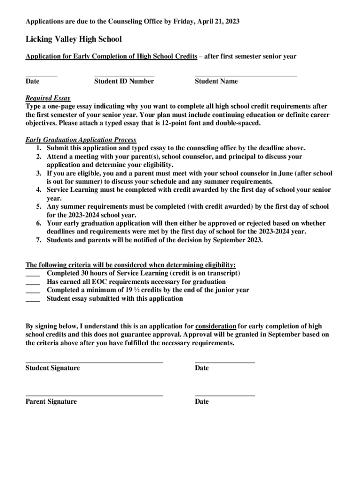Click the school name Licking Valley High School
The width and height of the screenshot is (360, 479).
pos(73,39)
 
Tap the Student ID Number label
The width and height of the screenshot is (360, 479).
pos(124,81)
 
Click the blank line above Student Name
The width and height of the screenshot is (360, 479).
pos(245,75)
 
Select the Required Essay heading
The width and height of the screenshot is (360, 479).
pos(48,98)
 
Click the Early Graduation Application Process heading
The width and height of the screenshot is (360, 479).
pos(81,140)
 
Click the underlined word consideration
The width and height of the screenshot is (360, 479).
pos(216,326)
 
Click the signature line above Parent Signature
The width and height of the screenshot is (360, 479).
pos(94,396)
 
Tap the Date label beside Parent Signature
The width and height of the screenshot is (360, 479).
pos(202,402)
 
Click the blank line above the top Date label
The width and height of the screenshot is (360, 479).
pos(41,75)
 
